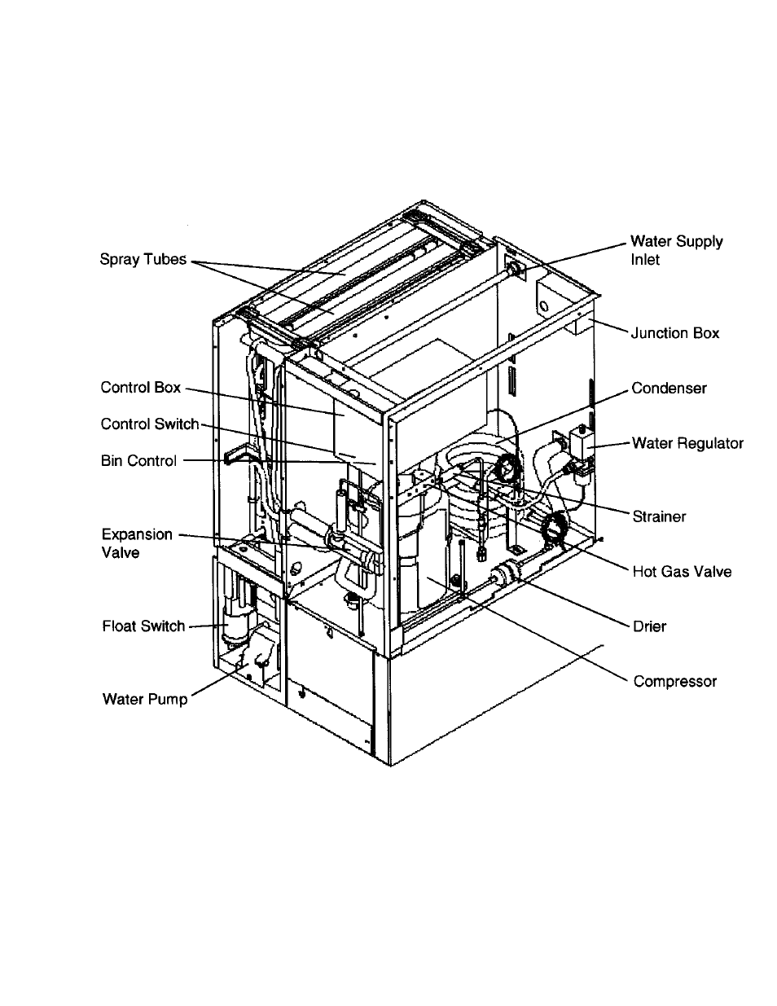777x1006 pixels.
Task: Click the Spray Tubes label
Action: pos(143,260)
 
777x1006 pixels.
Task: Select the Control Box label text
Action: pos(141,388)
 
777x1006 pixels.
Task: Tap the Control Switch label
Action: pos(150,424)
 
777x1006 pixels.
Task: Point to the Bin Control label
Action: pos(138,461)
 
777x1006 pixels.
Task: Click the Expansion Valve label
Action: pos(136,543)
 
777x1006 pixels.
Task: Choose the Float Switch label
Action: pos(143,626)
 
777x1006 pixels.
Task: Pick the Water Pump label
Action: pos(144,699)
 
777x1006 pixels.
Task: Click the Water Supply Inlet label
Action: pos(676,250)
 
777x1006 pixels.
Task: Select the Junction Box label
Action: pos(675,333)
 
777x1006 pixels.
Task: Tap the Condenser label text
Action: pos(669,389)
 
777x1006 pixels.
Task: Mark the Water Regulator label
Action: pos(687,443)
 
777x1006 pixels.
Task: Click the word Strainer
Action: pos(659,516)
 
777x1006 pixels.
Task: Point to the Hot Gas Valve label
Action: pos(682,571)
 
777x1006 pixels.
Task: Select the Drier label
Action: pos(649,626)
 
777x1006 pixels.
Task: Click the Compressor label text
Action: pos(674,681)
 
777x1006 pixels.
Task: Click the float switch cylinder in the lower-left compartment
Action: pos(234,627)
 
